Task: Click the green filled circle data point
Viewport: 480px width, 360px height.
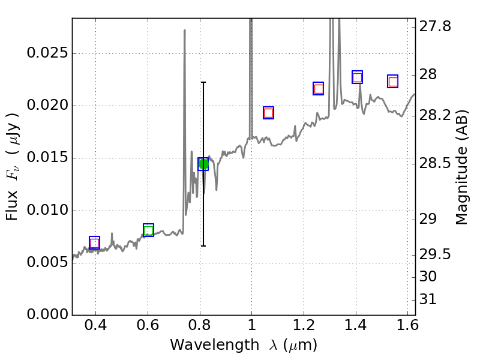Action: (203, 164)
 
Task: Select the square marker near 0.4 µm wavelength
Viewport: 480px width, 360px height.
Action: (94, 242)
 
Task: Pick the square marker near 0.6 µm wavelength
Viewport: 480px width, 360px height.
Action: (148, 230)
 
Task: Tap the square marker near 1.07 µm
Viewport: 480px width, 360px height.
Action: (268, 113)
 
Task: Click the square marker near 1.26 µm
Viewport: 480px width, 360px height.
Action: (319, 89)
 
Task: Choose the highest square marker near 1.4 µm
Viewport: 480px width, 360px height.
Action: (357, 77)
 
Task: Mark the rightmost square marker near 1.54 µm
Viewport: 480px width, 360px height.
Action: (393, 82)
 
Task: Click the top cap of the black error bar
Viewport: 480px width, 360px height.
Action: (203, 82)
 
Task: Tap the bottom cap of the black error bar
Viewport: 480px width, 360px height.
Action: (203, 246)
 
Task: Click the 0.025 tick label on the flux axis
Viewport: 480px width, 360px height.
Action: (47, 53)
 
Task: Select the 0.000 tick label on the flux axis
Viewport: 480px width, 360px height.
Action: (47, 315)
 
